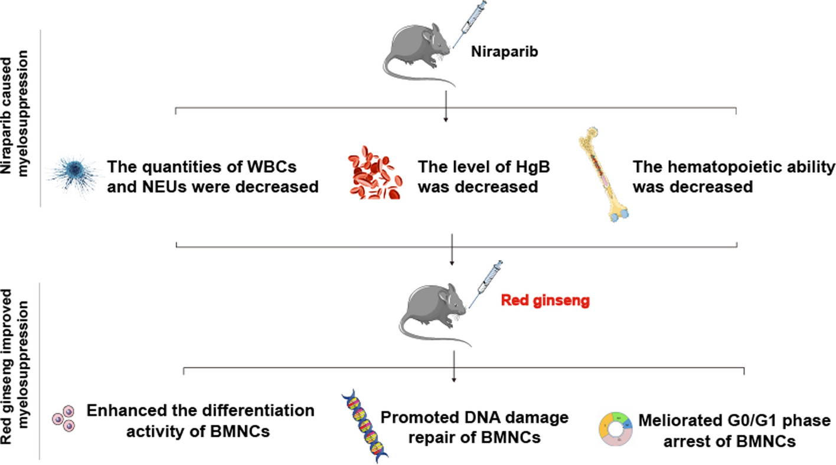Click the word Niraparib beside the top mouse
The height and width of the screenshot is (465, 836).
(x=504, y=53)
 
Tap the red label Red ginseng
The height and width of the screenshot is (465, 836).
(x=545, y=300)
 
